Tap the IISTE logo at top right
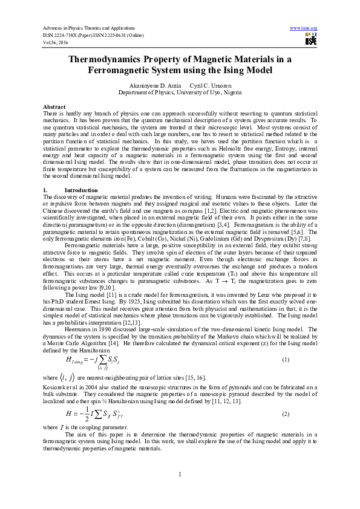[311, 39]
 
